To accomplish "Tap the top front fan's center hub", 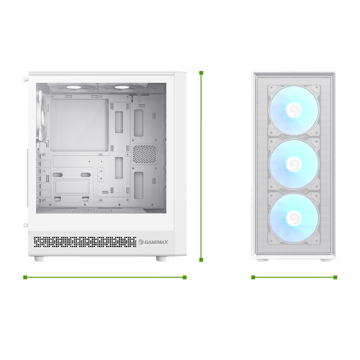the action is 294,110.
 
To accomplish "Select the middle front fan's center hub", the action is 294,164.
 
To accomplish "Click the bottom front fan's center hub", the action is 294,218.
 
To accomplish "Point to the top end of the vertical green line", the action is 201,73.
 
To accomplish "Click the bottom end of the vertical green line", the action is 201,260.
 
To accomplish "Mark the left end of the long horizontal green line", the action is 25,277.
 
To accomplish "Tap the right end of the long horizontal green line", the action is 184,277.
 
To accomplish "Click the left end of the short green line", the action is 253,277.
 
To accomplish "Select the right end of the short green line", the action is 335,277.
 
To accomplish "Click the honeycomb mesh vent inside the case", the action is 144,154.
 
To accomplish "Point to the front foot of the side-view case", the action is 162,259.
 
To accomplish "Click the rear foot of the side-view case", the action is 40,259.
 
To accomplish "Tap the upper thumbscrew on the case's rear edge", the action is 26,80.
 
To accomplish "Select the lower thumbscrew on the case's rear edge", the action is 26,225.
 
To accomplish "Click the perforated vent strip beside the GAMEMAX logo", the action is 85,242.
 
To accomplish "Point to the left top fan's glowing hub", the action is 72,87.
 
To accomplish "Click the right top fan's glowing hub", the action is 121,87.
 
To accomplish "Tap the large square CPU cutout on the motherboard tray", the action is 80,126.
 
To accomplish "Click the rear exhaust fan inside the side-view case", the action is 43,118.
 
